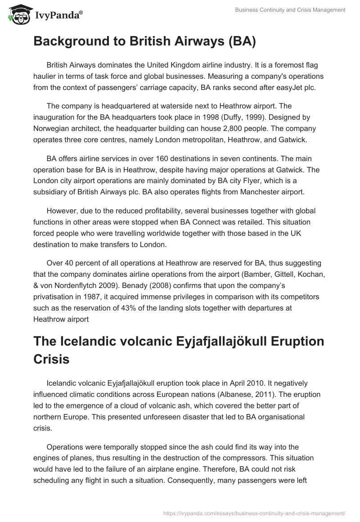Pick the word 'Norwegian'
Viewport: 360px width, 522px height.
point(54,128)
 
